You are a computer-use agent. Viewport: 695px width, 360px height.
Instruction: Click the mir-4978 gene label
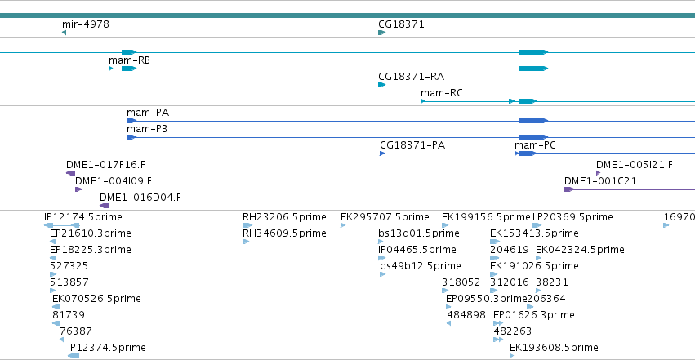point(86,24)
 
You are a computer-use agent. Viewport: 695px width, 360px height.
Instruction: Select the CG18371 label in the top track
point(401,24)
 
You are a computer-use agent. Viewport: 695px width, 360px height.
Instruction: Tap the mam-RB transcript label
point(129,60)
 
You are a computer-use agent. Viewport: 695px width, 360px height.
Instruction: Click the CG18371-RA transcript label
point(412,77)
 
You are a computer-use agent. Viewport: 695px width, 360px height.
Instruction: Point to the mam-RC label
point(442,93)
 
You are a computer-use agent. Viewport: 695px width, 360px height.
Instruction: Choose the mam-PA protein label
point(148,113)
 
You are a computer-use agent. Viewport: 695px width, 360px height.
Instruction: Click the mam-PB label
point(147,129)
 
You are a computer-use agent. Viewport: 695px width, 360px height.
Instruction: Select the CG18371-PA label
point(412,145)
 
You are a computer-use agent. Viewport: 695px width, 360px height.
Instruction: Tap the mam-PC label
point(535,145)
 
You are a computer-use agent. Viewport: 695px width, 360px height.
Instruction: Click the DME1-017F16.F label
point(105,165)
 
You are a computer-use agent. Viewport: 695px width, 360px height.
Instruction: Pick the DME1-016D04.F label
point(140,198)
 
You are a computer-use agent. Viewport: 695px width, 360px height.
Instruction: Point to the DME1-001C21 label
point(600,181)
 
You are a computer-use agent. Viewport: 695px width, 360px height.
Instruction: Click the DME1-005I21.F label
point(635,165)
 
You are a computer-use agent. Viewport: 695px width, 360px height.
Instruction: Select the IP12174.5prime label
point(83,217)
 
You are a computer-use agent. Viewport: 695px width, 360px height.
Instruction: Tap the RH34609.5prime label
point(284,233)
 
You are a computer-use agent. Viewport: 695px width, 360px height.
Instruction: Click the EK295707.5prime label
point(385,217)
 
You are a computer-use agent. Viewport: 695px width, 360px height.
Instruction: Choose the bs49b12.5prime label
point(421,266)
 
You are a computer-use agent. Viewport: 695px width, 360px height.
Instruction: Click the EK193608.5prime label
point(554,348)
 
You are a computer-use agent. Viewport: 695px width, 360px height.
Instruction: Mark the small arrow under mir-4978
point(65,33)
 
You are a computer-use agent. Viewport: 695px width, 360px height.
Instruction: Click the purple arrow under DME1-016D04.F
point(105,206)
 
